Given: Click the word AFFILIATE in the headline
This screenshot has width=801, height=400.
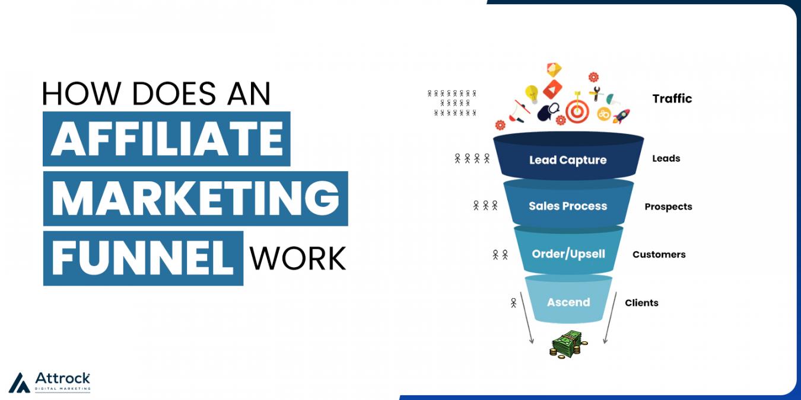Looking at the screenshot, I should (x=166, y=139).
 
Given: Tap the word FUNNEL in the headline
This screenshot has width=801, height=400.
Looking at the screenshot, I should (x=142, y=258).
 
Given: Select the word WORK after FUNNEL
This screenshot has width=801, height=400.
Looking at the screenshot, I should (x=297, y=258).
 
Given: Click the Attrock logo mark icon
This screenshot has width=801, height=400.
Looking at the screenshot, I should (x=19, y=383).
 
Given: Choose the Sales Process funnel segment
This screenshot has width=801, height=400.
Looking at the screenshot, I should (x=568, y=206).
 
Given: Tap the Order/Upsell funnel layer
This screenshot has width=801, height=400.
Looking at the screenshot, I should (x=568, y=254).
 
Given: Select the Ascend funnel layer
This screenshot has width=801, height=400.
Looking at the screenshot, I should (x=568, y=302).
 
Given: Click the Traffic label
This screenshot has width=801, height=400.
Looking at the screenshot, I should (x=672, y=99).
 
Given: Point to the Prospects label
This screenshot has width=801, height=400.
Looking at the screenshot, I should (x=668, y=207).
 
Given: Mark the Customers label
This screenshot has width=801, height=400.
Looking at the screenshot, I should (x=659, y=255).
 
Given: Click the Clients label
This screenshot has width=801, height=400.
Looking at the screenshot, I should (x=641, y=303).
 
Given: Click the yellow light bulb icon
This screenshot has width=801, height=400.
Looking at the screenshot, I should (x=532, y=94).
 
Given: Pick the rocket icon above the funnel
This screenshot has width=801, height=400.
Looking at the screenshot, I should (x=621, y=116).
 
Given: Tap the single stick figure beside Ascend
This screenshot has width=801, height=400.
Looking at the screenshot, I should (x=513, y=303).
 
